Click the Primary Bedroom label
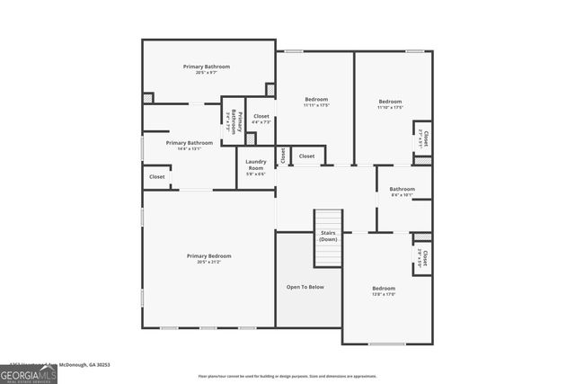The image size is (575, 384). [208, 256]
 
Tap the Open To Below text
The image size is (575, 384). [305, 287]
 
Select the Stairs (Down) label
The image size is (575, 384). [328, 236]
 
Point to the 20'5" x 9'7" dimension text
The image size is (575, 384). [207, 73]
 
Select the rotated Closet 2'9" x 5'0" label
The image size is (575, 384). [423, 260]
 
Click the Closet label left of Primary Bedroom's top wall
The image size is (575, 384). [157, 177]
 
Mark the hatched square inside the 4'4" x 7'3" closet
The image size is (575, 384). [251, 138]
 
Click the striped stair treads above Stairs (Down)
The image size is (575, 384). [328, 219]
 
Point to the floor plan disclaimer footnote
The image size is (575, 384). [287, 377]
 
